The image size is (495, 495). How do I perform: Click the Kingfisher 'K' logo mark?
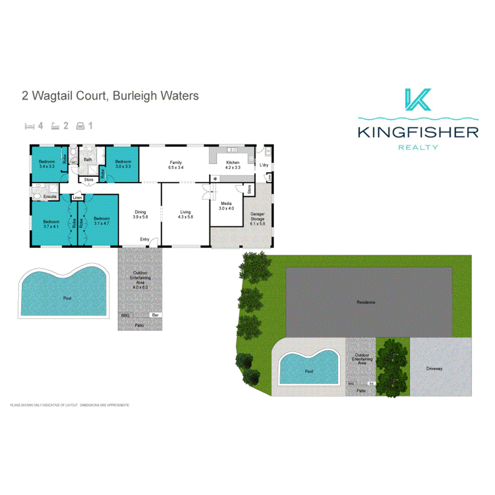pos(417,101)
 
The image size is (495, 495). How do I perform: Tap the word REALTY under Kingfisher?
pos(418,147)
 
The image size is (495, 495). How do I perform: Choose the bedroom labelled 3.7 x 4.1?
pos(51,224)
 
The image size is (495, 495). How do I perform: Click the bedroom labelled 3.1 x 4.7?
pos(101,221)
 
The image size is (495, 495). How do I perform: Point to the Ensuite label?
pos(50,197)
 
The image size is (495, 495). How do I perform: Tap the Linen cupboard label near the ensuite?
pos(78,198)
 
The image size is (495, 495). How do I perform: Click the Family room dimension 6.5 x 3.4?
pos(176,167)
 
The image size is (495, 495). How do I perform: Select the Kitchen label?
pos(233,163)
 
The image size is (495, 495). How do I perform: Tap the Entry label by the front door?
pos(144,240)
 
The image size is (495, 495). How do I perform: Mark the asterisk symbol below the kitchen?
pos(215,179)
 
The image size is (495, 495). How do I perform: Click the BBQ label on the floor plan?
pos(125,315)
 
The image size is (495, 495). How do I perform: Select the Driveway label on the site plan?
pos(434,369)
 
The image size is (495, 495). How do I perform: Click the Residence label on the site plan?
pos(366,302)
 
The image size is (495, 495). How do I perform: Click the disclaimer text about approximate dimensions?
pos(70,405)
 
